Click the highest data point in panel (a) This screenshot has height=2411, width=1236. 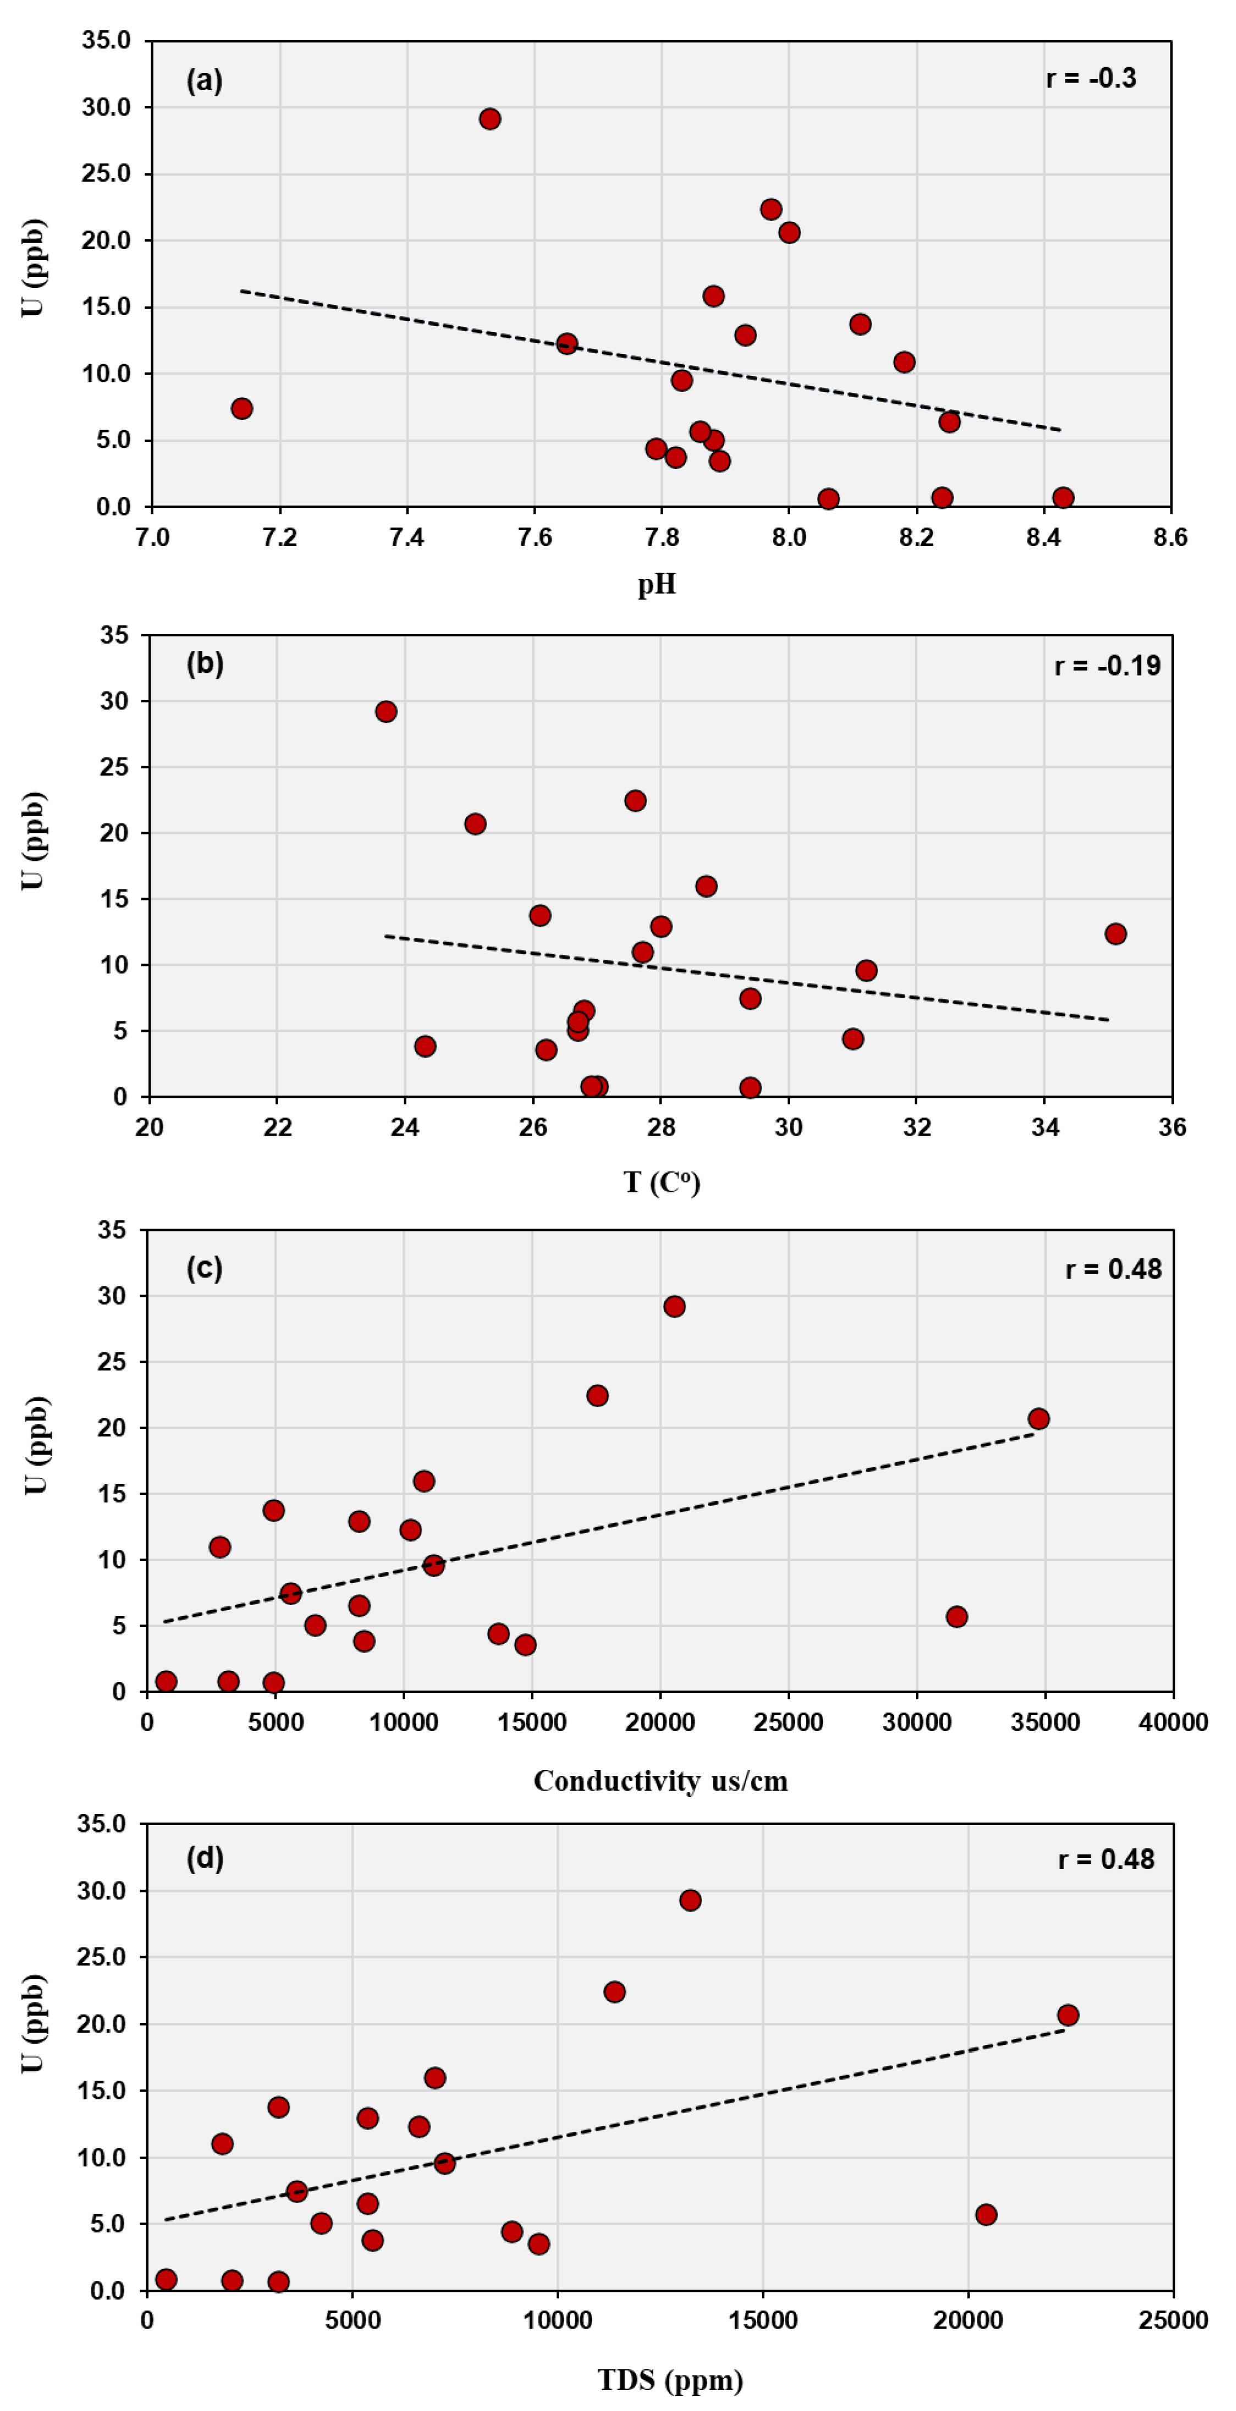click(x=490, y=119)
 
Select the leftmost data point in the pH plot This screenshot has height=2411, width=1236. click(x=241, y=408)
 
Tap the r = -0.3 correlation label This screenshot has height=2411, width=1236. click(x=1091, y=79)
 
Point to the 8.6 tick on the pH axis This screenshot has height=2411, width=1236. click(x=1169, y=537)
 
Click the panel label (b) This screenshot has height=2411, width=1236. click(x=205, y=663)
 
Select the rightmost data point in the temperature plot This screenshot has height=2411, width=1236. click(x=1115, y=933)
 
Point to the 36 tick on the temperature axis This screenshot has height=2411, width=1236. click(x=1171, y=1127)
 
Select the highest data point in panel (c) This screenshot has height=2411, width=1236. click(x=674, y=1306)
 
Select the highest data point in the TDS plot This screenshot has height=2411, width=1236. click(x=690, y=1899)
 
